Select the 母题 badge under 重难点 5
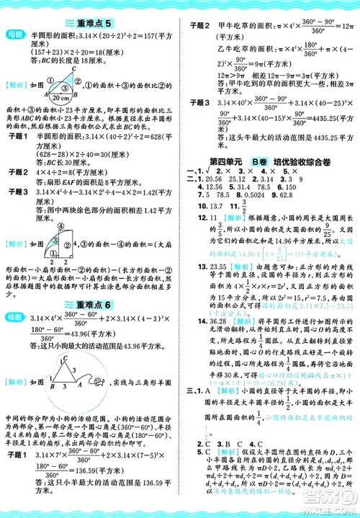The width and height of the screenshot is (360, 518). coord(16,35)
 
